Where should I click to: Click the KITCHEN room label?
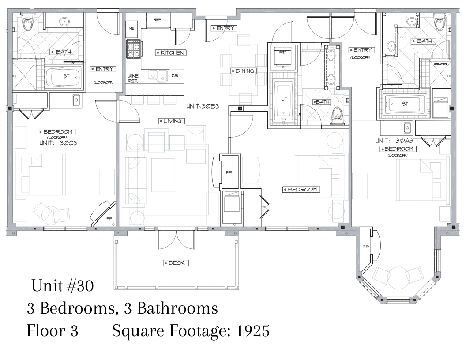171,52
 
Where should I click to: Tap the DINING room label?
244,71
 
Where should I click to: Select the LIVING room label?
172,121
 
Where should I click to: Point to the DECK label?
176,263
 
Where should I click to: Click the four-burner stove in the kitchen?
134,49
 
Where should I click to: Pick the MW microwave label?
132,29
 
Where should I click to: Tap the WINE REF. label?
133,79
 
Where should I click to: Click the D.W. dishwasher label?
175,76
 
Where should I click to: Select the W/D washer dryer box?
282,56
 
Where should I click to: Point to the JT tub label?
285,99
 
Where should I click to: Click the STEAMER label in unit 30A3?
440,64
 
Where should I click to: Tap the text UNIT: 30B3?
203,106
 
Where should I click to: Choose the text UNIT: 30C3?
58,143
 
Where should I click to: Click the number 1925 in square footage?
252,330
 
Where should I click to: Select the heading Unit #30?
62,286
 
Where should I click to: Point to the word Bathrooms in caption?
177,308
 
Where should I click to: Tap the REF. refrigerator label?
157,20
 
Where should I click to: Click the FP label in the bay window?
366,247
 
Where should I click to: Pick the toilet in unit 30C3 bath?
28,22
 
